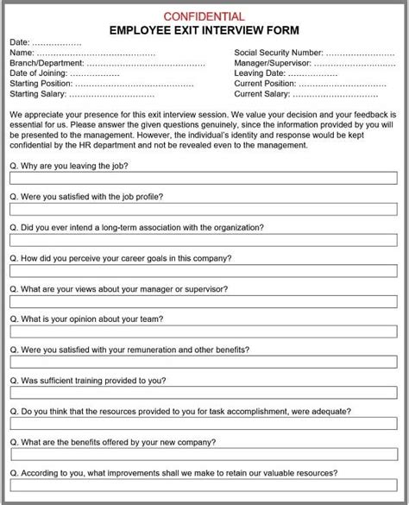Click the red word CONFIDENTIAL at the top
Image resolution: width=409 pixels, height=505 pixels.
coord(204,16)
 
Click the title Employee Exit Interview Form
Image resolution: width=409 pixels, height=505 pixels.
coord(204,30)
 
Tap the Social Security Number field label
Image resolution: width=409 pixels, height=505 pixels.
coord(279,53)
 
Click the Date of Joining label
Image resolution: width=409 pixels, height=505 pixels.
coord(41,73)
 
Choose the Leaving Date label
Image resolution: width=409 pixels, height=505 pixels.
coord(261,73)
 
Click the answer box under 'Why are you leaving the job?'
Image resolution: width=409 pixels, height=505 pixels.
coord(204,180)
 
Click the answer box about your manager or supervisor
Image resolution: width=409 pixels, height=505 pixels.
coord(204,303)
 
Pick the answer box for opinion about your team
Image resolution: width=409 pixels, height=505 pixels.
coord(204,333)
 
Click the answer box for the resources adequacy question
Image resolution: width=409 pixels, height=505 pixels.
coord(204,426)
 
